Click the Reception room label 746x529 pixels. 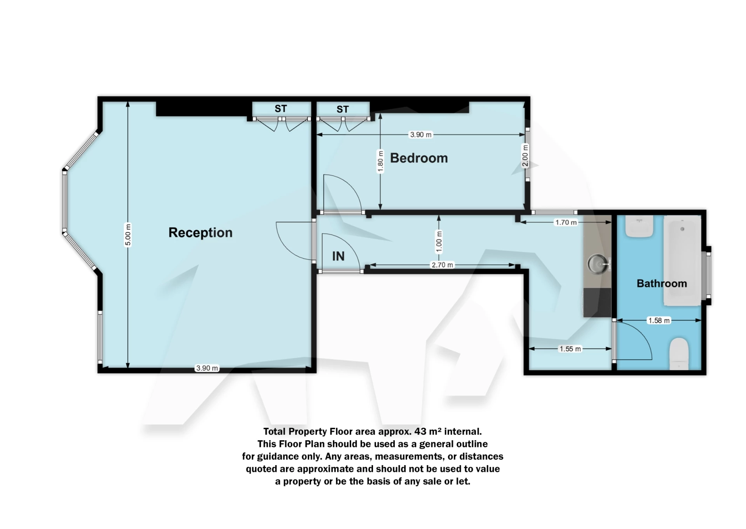(200, 233)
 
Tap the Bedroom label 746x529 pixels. (419, 158)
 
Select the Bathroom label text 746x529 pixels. (662, 283)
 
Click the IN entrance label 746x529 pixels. (338, 256)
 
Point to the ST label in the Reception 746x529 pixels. (281, 109)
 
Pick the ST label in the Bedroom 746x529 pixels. (342, 109)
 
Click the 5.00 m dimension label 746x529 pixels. (128, 235)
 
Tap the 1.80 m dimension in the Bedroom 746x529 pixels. (380, 161)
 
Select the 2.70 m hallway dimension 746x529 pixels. (442, 265)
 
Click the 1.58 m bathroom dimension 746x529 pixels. (659, 321)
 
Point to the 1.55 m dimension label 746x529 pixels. (570, 349)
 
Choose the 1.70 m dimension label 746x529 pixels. (566, 222)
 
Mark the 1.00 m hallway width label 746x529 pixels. (439, 241)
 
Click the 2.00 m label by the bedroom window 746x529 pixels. (525, 156)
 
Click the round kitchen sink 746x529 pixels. (598, 264)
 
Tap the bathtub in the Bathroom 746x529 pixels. (682, 261)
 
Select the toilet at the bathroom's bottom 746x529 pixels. (679, 353)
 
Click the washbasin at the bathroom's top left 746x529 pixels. (639, 226)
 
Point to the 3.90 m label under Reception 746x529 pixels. (207, 368)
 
